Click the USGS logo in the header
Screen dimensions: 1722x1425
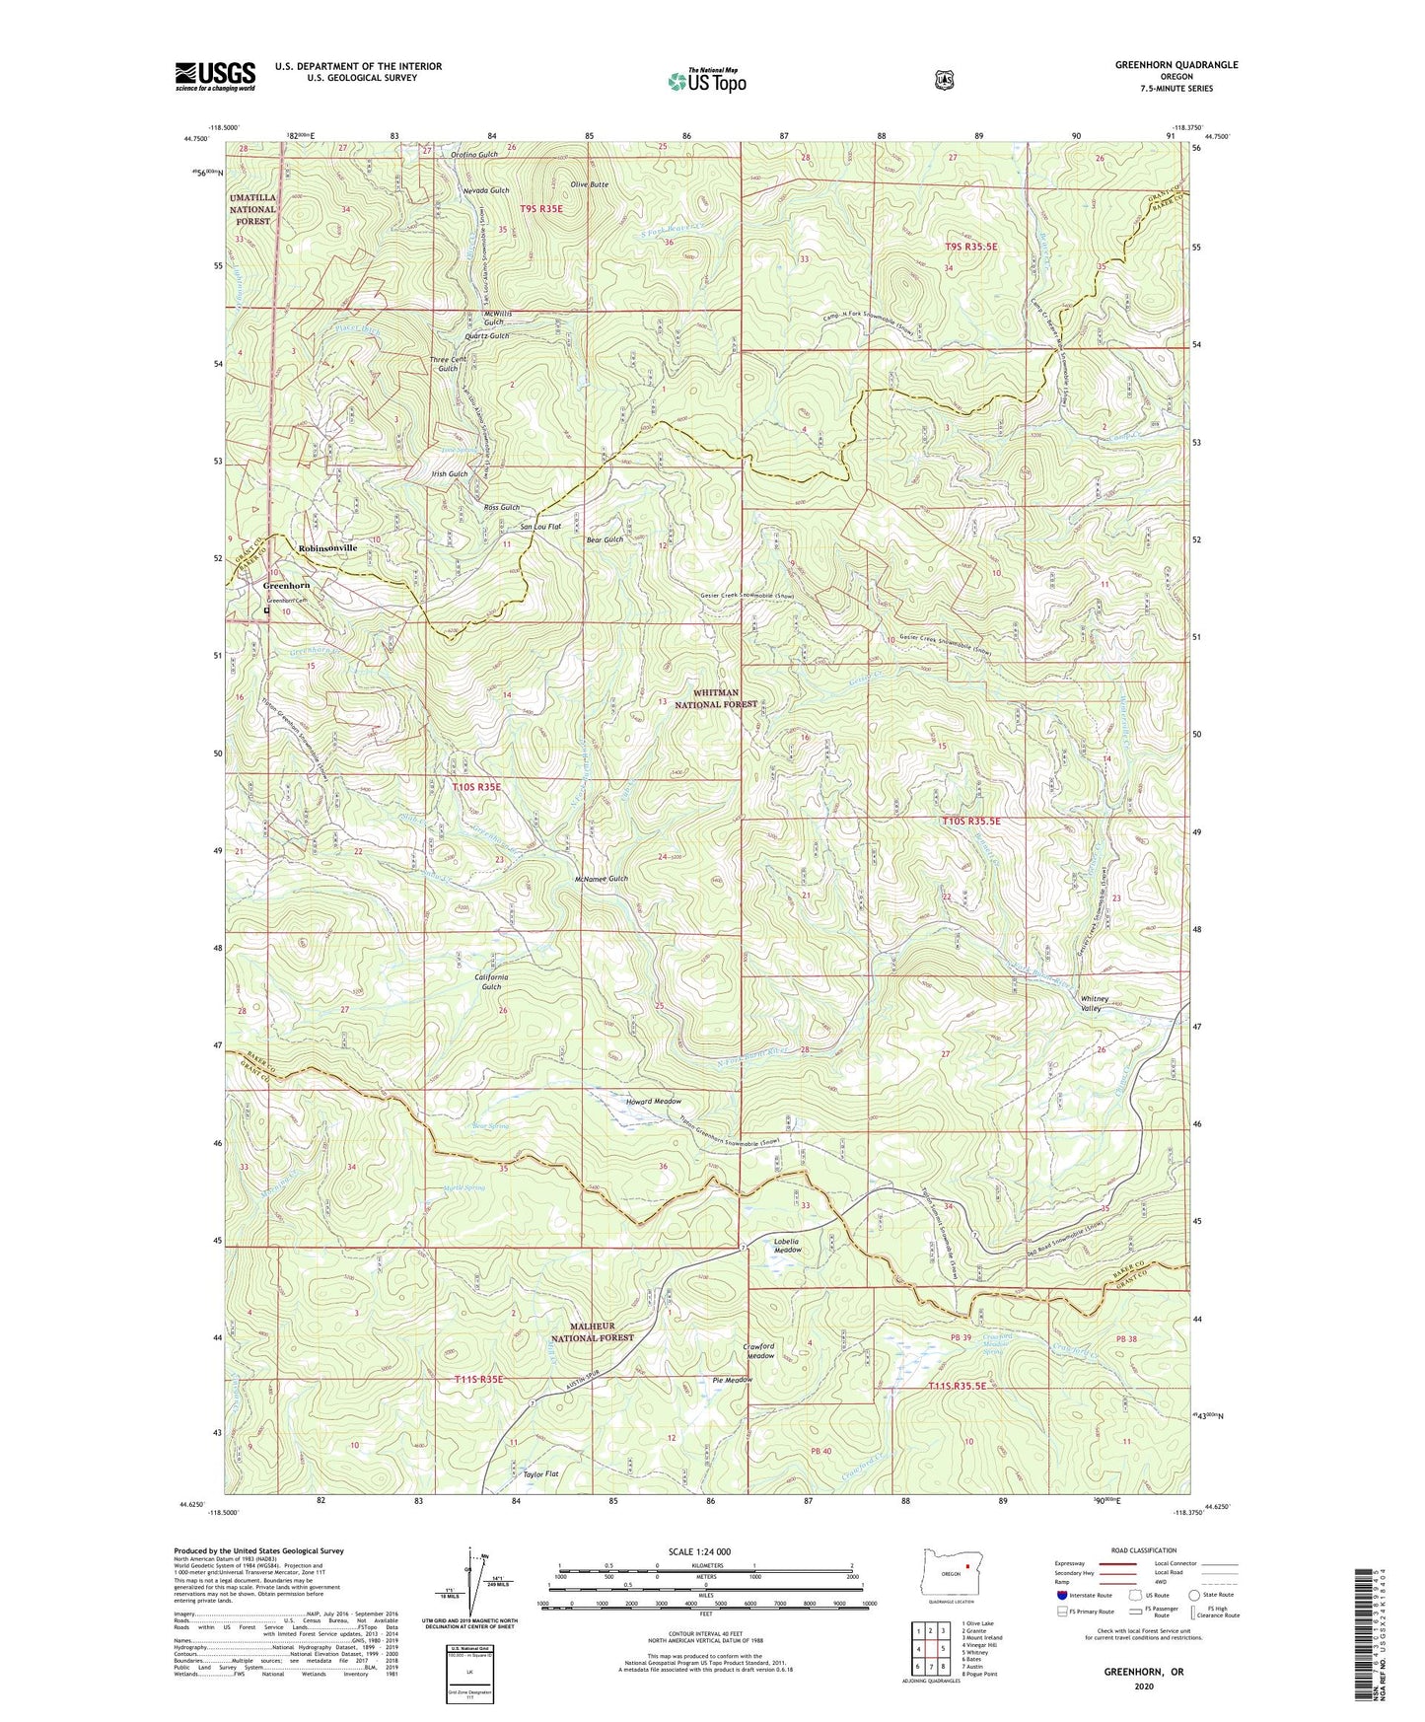pyautogui.click(x=215, y=76)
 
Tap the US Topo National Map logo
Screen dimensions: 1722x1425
pyautogui.click(x=705, y=80)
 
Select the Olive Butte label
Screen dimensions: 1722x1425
pyautogui.click(x=589, y=185)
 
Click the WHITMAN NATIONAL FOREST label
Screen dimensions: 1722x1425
pyautogui.click(x=716, y=698)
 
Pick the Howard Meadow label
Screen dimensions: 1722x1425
pyautogui.click(x=654, y=1101)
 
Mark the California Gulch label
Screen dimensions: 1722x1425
pyautogui.click(x=491, y=981)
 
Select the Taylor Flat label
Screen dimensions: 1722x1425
pyautogui.click(x=540, y=1473)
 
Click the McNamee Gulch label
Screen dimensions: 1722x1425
pyautogui.click(x=601, y=879)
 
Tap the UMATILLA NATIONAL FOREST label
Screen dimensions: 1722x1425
pyautogui.click(x=252, y=209)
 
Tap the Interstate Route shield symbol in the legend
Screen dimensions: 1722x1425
pyautogui.click(x=1061, y=1595)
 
